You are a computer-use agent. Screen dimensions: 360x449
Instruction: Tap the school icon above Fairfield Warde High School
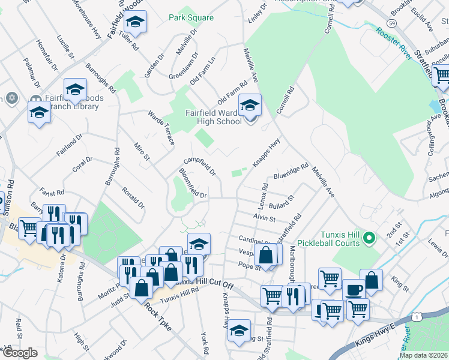tap(250, 106)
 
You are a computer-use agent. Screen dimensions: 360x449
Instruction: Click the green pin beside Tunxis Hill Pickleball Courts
tap(370, 238)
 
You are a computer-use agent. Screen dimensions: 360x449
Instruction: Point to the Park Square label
tap(191, 18)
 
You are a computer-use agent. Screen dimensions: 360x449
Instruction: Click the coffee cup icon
tap(354, 289)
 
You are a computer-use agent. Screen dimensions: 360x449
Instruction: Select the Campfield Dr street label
tap(200, 166)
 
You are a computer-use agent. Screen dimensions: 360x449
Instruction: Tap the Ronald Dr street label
tap(133, 197)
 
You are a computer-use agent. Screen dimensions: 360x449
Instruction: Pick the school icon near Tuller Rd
tap(136, 24)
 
